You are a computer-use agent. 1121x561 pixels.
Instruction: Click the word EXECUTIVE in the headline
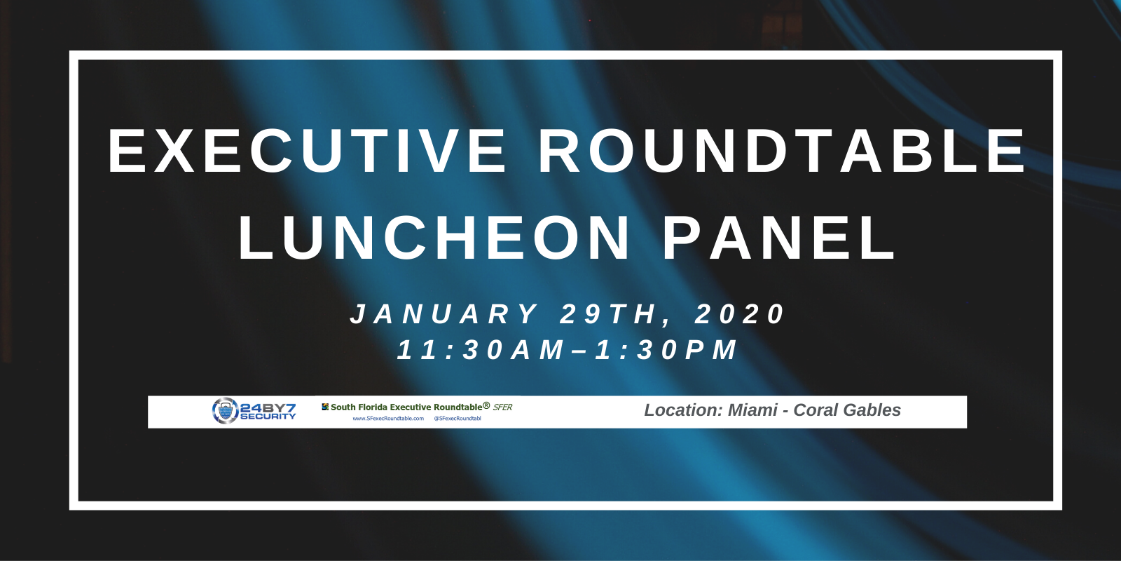[307, 151]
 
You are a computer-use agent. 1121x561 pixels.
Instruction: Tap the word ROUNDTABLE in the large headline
[782, 151]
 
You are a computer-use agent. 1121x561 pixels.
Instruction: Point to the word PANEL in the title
[779, 238]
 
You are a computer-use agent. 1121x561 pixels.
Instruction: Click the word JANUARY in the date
[444, 314]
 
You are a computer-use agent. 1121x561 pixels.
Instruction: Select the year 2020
[740, 314]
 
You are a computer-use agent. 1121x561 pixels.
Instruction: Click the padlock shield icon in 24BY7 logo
[225, 411]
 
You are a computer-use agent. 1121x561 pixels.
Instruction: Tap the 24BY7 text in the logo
[268, 407]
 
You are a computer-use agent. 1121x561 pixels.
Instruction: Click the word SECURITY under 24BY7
[268, 417]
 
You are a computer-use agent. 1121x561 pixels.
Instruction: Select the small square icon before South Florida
[325, 407]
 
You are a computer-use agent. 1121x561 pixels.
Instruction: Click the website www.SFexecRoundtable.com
[388, 419]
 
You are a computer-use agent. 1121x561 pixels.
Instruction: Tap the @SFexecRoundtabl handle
[458, 419]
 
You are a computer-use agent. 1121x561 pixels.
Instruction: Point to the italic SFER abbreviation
[502, 407]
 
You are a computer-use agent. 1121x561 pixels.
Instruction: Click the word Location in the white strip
[682, 410]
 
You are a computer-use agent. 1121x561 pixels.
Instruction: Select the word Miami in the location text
[752, 410]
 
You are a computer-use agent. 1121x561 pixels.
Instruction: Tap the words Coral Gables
[847, 410]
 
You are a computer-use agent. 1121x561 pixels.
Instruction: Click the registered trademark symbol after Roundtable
[486, 405]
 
